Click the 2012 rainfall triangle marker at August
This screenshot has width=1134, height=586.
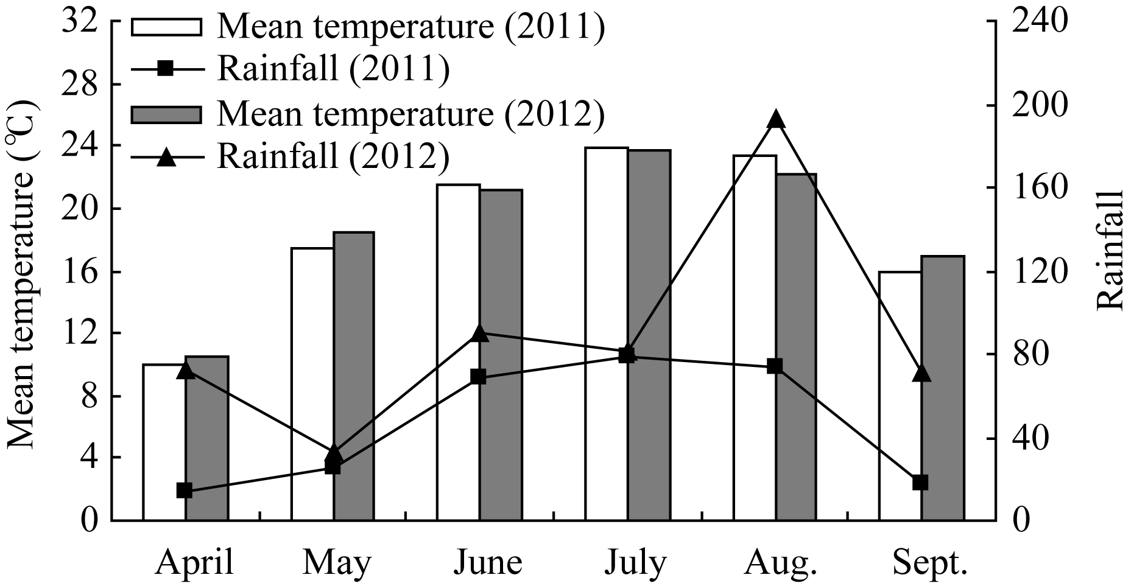click(x=775, y=119)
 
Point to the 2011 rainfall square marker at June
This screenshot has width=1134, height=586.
click(x=478, y=377)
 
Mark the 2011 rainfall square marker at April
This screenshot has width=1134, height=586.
click(x=185, y=490)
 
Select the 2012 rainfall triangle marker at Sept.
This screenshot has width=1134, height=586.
click(x=922, y=373)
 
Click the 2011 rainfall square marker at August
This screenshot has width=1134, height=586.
click(x=775, y=366)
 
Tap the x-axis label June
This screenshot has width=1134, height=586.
click(x=487, y=563)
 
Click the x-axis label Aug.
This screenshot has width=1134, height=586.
click(x=780, y=563)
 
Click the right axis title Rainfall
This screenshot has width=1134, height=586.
click(x=1111, y=249)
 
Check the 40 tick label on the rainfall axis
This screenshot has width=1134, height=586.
click(x=1023, y=438)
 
